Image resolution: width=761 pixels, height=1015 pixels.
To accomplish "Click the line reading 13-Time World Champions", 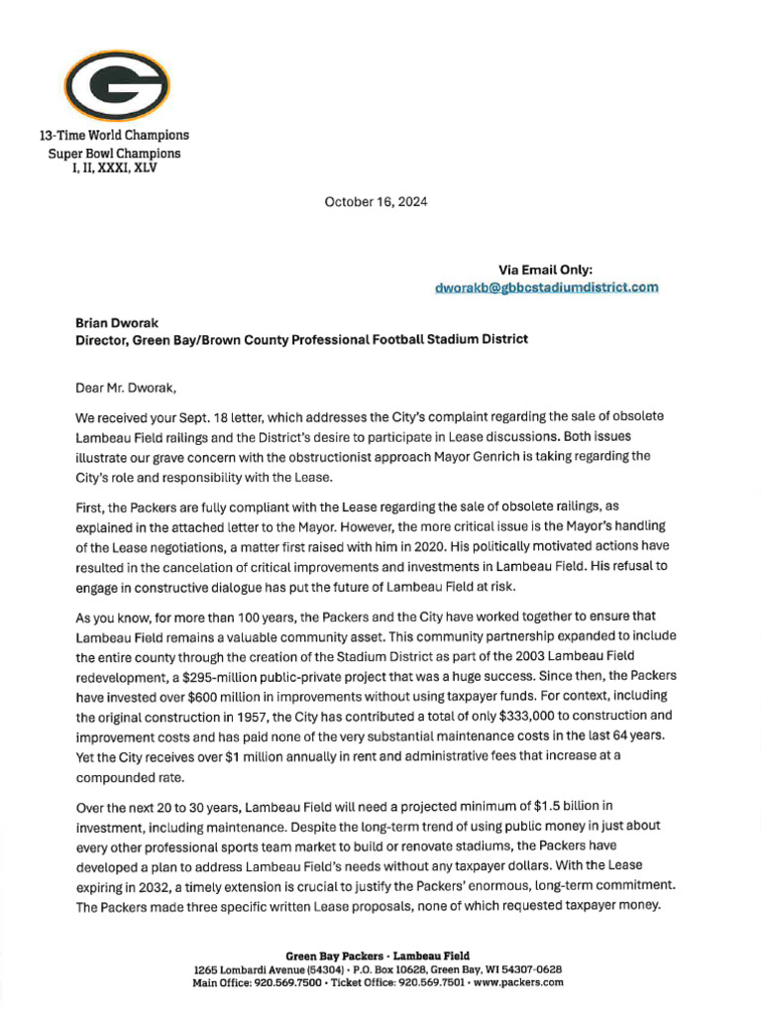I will [x=114, y=135].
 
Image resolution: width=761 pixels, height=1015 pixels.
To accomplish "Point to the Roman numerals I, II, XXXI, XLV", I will [x=114, y=168].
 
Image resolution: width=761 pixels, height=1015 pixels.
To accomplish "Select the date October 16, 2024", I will [x=377, y=202].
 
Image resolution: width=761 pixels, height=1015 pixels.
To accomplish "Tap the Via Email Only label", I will [x=546, y=269].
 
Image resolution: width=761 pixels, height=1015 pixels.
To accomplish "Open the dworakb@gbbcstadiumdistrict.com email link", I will [x=546, y=287].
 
